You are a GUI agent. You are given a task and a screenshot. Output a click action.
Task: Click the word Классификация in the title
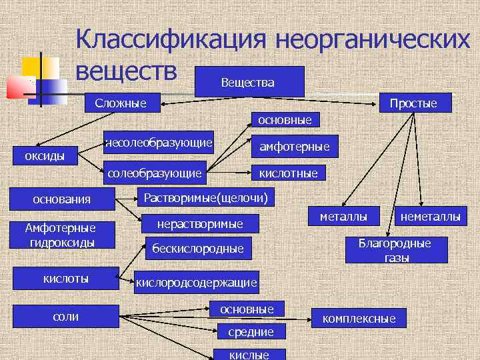click(x=169, y=39)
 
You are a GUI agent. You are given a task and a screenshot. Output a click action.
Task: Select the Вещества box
click(x=247, y=82)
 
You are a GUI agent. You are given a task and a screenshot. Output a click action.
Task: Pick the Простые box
click(x=413, y=103)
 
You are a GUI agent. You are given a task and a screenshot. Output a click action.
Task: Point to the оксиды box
click(x=45, y=156)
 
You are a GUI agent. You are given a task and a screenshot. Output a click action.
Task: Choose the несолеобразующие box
click(x=159, y=142)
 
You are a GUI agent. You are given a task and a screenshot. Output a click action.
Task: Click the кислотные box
click(x=288, y=173)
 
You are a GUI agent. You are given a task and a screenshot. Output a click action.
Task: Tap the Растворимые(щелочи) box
click(x=206, y=198)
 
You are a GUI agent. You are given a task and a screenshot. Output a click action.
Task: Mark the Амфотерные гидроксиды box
click(x=61, y=235)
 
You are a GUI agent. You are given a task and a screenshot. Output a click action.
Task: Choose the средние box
click(x=251, y=331)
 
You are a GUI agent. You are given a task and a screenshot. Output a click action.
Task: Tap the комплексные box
click(x=359, y=319)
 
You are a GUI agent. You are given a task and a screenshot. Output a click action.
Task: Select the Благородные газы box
click(x=395, y=250)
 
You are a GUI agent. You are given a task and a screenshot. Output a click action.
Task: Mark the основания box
click(x=62, y=199)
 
